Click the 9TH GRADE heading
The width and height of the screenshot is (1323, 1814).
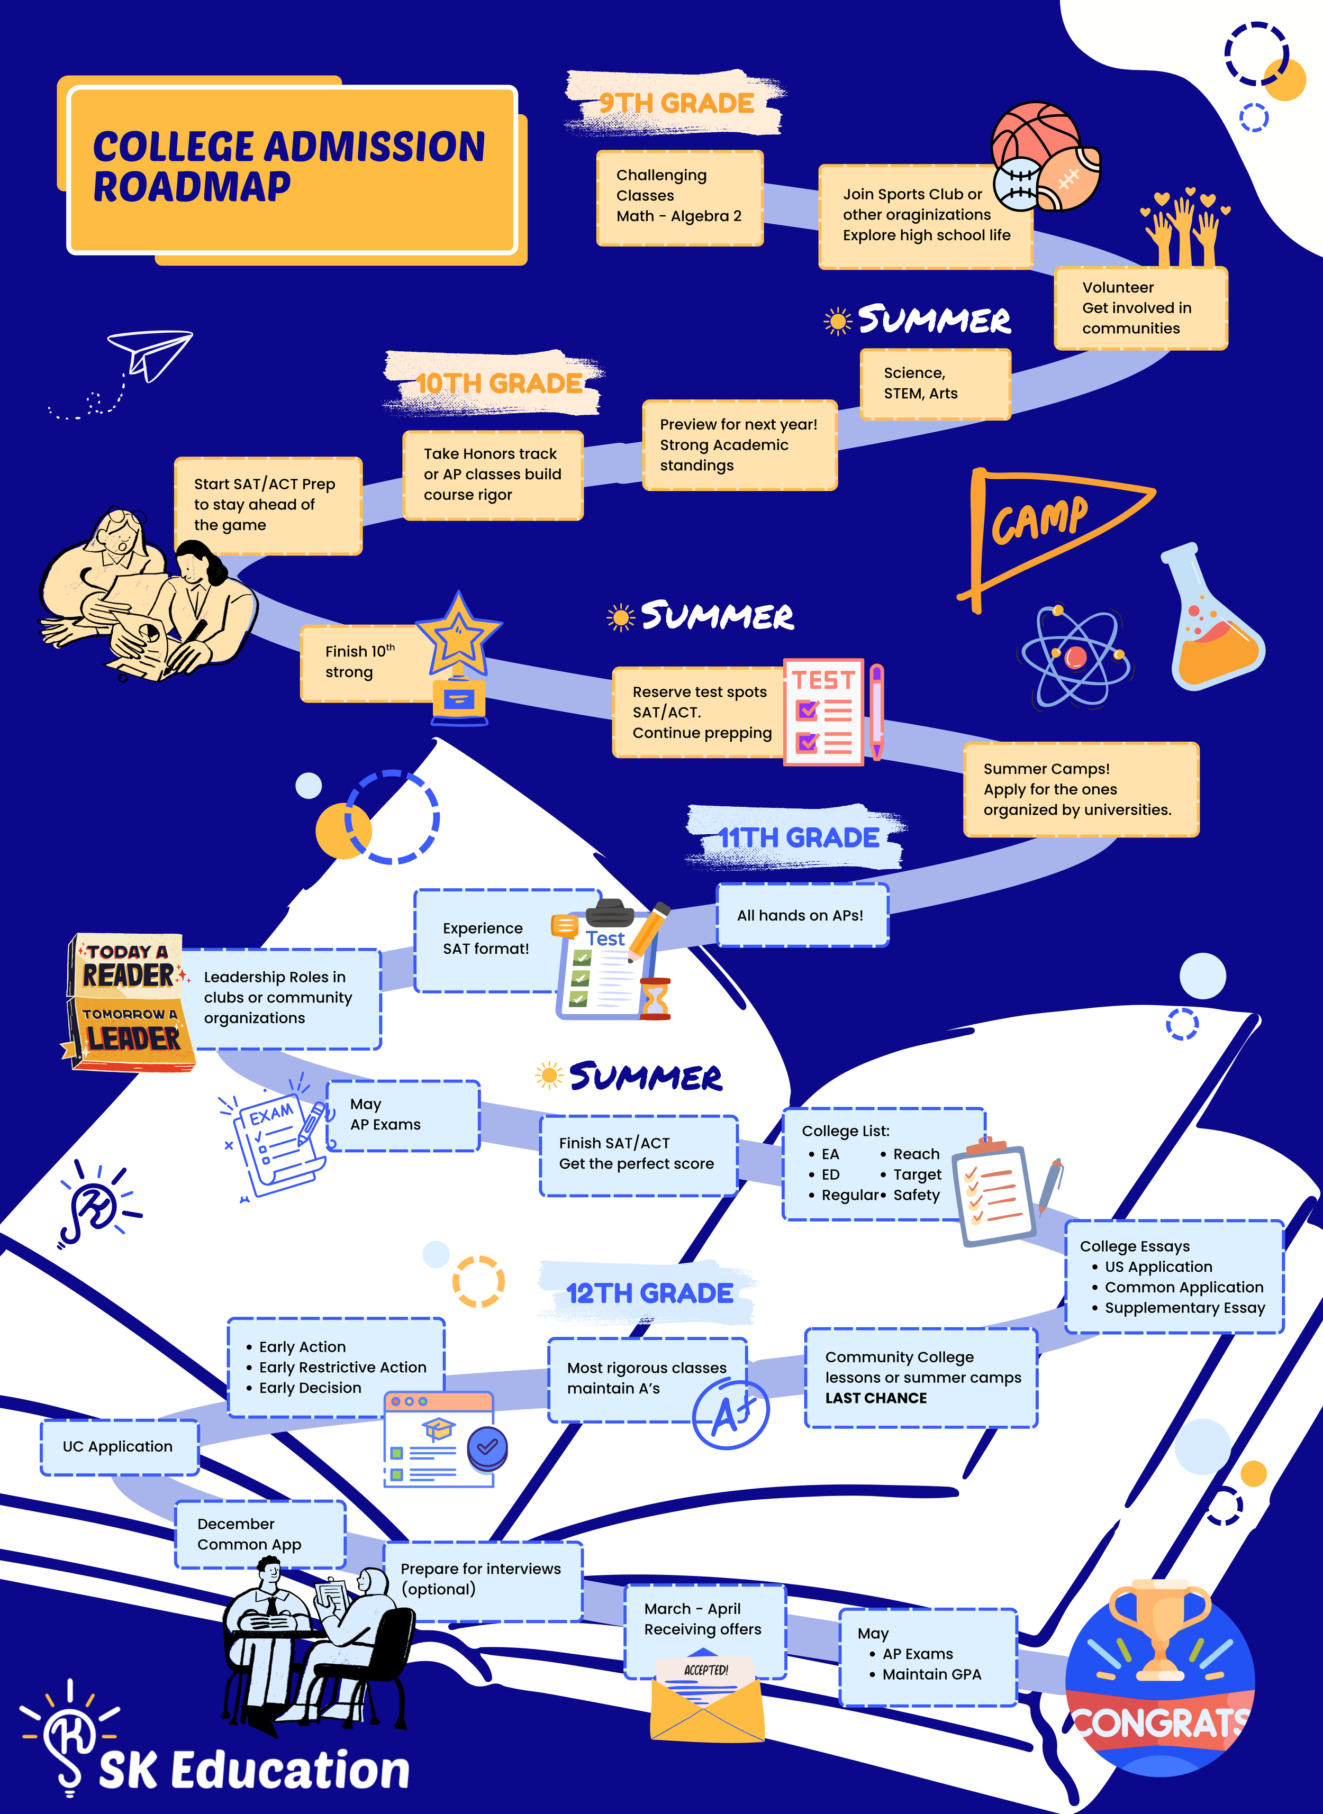tap(677, 103)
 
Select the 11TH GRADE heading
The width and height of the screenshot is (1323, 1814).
tap(799, 837)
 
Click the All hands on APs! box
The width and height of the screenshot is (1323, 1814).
tap(801, 915)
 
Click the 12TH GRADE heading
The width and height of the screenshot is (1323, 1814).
tap(649, 1293)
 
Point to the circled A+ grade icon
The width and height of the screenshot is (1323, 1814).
tap(730, 1415)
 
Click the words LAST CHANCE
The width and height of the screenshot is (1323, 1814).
tap(876, 1398)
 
